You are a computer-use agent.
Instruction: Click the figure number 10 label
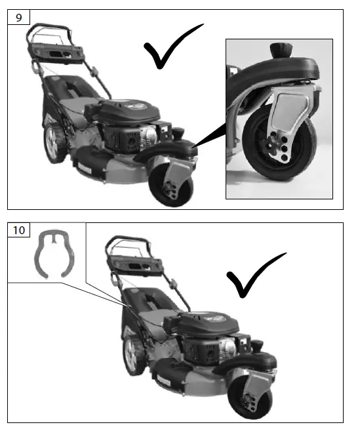click(20, 230)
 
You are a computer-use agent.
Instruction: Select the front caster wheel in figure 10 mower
click(247, 399)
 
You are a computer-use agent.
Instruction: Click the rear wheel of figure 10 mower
click(136, 356)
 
